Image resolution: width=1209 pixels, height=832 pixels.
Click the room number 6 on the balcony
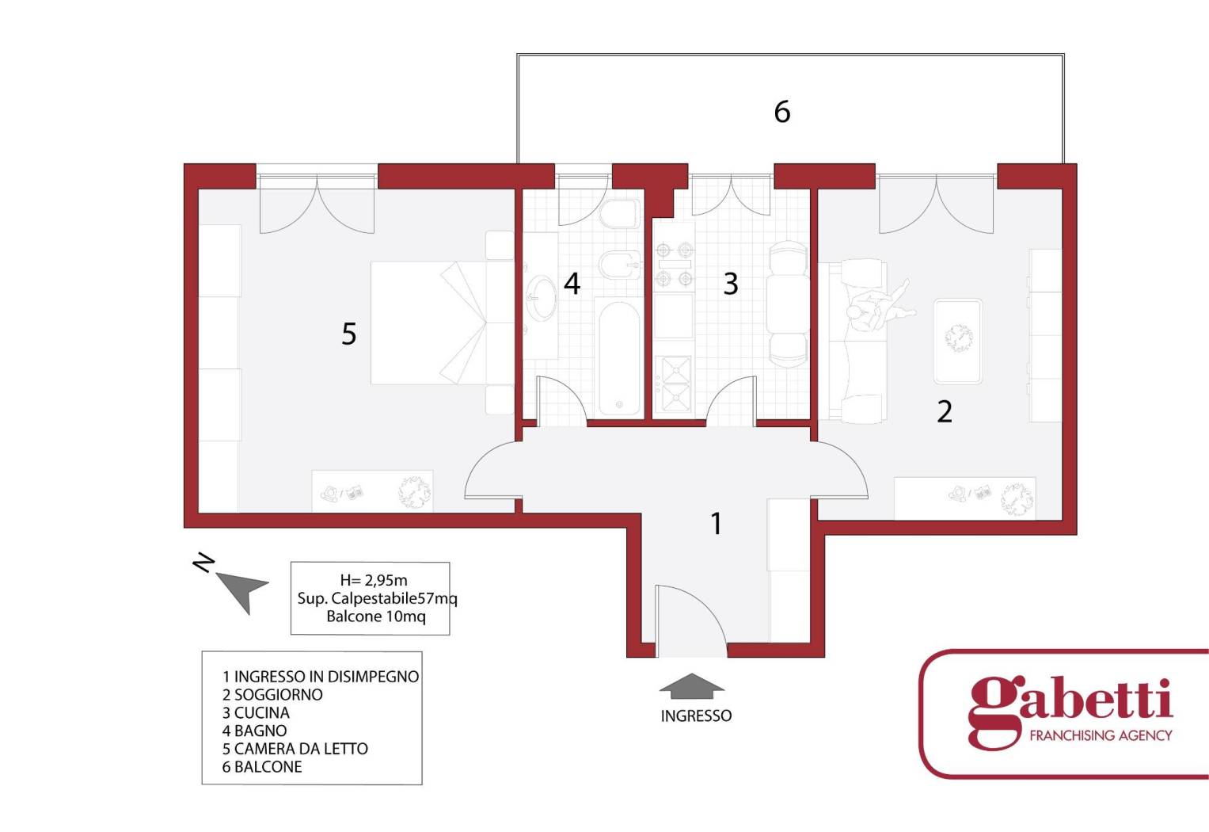coord(782,112)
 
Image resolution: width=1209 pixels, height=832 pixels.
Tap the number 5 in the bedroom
coord(348,334)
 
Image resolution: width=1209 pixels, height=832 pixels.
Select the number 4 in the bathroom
coord(572,283)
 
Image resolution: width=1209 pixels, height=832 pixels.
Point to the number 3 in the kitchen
coord(730,284)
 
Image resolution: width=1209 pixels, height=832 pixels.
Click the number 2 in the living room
coord(944,412)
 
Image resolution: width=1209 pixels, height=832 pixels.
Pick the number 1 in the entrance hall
coord(717,523)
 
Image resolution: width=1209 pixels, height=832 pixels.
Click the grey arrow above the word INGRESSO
coord(691,685)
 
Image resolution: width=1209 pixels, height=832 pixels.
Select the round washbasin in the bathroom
coord(540,298)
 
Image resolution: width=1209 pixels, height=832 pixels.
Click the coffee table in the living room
coord(958,342)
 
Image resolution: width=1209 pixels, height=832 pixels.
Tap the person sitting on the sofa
coord(879,309)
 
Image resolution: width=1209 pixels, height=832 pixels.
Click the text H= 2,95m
coord(374,580)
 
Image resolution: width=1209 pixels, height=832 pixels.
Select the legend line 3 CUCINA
coord(256,712)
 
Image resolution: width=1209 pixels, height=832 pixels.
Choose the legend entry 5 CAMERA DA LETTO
coord(295,749)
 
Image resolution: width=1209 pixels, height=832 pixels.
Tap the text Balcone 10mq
coord(376,616)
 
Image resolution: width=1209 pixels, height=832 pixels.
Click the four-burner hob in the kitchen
coord(674,264)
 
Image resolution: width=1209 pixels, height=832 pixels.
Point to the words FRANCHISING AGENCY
coord(1101,735)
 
